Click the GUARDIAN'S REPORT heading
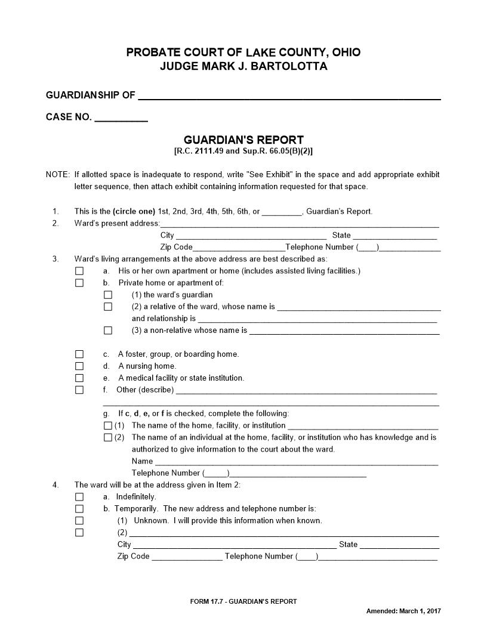(243, 140)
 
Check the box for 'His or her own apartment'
(79, 271)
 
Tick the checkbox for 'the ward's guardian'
(108, 295)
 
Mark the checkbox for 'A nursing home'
(79, 366)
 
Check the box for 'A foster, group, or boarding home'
(79, 354)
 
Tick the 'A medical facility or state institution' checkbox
(79, 378)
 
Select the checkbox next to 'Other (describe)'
(79, 390)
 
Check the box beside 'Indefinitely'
(79, 497)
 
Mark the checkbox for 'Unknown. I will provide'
(79, 521)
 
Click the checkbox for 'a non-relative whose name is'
(108, 331)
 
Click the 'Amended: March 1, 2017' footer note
(403, 612)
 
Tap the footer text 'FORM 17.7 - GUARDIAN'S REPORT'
(243, 601)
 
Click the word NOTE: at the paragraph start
(58, 175)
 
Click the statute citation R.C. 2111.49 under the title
(197, 152)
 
